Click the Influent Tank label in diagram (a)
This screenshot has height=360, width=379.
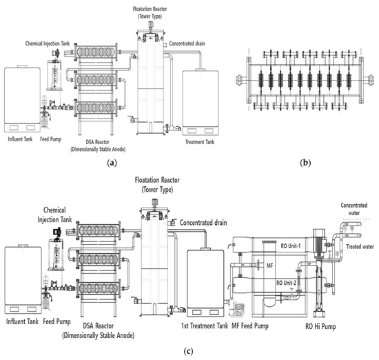pyautogui.click(x=20, y=139)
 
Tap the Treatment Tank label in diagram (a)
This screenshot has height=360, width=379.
pyautogui.click(x=200, y=142)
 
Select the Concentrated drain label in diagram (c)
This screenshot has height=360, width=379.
pyautogui.click(x=203, y=223)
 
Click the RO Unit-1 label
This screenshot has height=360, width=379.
pyautogui.click(x=291, y=246)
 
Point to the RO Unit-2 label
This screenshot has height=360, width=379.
pyautogui.click(x=286, y=283)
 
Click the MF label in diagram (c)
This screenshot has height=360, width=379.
pyautogui.click(x=269, y=266)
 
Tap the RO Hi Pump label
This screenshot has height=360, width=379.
pyautogui.click(x=320, y=326)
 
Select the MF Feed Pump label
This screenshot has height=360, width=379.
pyautogui.click(x=250, y=326)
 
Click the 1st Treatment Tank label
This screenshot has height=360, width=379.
pyautogui.click(x=205, y=326)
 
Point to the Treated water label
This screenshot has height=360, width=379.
pyautogui.click(x=360, y=246)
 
